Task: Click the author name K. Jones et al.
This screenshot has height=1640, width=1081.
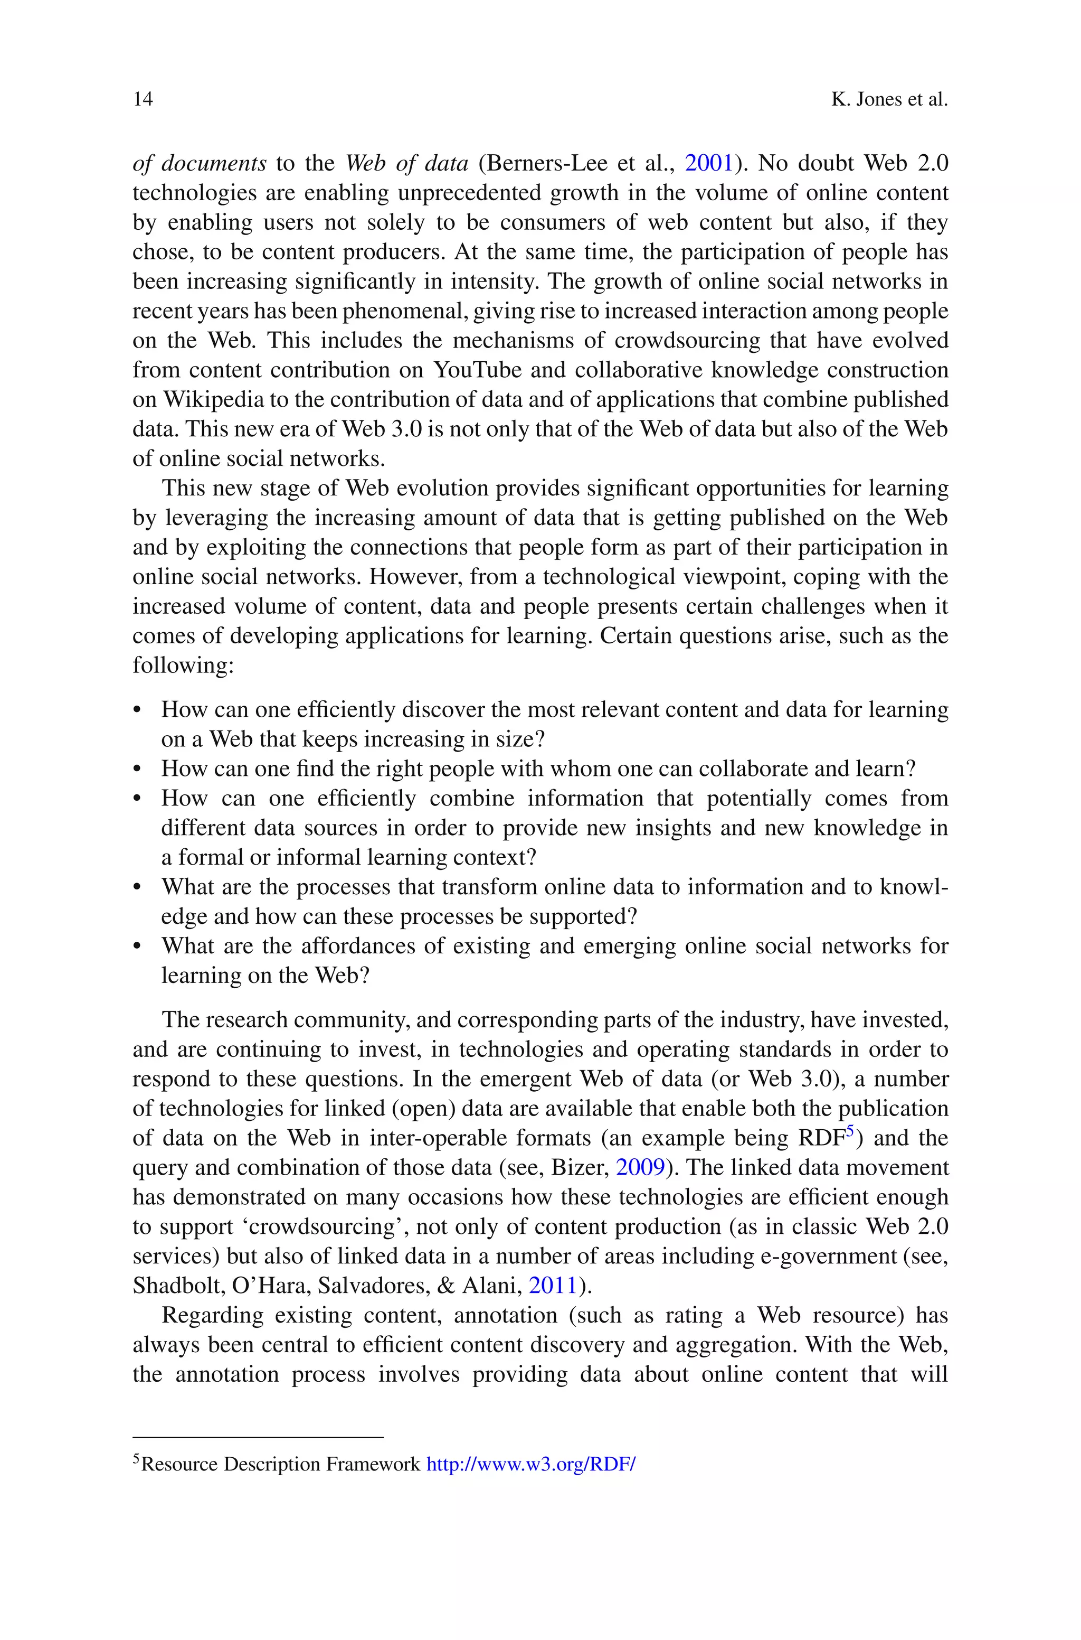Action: (889, 99)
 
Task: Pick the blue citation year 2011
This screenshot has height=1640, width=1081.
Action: (552, 1286)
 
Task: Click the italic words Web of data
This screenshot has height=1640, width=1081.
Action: (407, 163)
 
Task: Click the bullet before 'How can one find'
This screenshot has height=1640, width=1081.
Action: (137, 769)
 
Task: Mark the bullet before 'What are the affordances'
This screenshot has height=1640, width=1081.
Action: (137, 946)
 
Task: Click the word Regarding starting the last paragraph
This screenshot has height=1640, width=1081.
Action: (212, 1315)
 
